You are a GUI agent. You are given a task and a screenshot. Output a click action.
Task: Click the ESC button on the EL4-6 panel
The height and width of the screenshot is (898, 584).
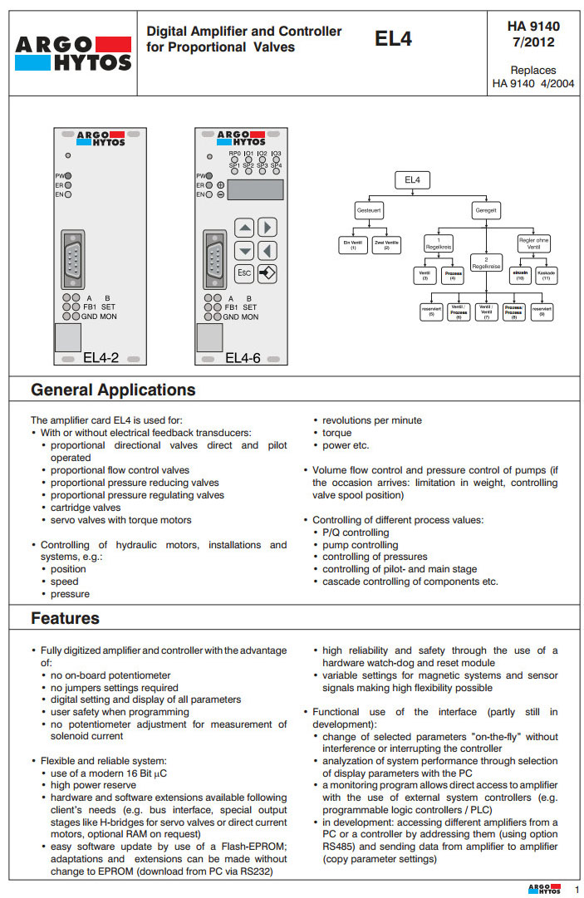click(244, 272)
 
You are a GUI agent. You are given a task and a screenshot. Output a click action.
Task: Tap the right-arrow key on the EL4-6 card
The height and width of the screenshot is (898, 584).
click(267, 228)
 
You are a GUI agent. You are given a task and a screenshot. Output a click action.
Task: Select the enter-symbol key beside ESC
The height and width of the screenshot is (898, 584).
click(267, 272)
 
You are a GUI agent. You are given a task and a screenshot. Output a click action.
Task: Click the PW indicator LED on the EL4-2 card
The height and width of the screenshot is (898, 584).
click(68, 175)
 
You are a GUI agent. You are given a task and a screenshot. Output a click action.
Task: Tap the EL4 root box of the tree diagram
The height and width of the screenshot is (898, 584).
click(412, 180)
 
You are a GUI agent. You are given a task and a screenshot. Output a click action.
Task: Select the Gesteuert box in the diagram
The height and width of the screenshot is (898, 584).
click(369, 211)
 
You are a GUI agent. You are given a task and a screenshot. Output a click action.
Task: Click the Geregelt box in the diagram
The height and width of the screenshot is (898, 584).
click(484, 211)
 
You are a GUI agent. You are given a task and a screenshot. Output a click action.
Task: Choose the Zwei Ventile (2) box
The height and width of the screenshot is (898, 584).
click(386, 246)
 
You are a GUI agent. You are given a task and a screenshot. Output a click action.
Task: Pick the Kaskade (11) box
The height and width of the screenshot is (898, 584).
click(546, 275)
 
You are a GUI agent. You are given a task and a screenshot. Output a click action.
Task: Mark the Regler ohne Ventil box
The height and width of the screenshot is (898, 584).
click(533, 243)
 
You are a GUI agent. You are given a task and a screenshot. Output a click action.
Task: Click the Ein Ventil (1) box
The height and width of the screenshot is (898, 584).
click(352, 246)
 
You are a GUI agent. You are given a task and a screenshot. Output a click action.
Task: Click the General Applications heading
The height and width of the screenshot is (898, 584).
click(113, 390)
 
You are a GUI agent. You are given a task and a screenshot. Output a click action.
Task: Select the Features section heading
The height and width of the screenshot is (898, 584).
click(65, 618)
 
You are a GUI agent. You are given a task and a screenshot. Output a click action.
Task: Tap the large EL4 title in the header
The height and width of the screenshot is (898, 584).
click(393, 38)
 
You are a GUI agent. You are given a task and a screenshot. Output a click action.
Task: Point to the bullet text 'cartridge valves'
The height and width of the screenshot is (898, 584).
click(86, 508)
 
